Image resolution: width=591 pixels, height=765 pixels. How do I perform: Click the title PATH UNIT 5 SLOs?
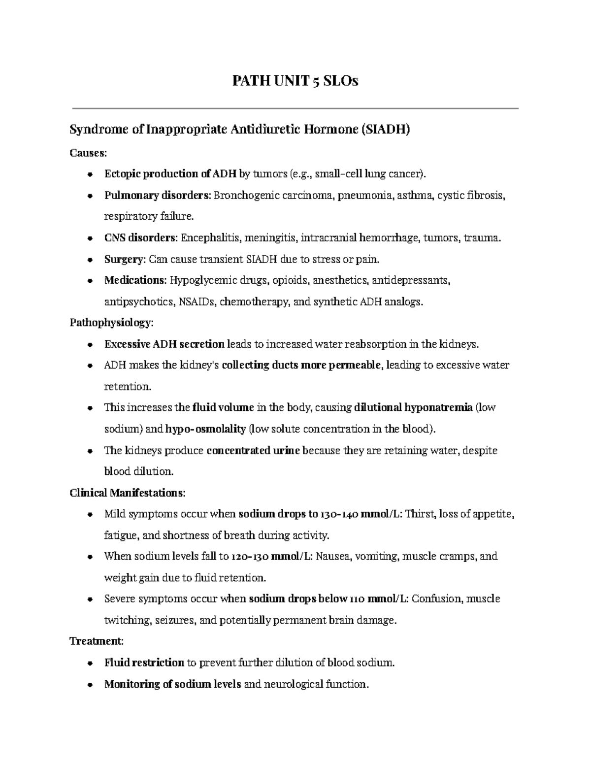pos(295,81)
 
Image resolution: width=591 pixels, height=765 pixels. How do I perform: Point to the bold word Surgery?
pos(125,259)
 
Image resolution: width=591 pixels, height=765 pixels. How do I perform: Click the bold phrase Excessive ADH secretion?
pos(164,344)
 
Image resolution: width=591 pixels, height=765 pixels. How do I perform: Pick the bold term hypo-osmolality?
pos(205,429)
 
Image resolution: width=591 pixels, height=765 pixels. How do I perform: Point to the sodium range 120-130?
pos(250,557)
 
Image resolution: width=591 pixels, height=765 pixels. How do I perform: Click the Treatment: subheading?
pos(97,641)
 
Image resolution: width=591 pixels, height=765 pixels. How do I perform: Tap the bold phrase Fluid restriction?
pos(144,663)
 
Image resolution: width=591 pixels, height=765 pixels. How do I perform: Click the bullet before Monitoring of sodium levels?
pos(89,685)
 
